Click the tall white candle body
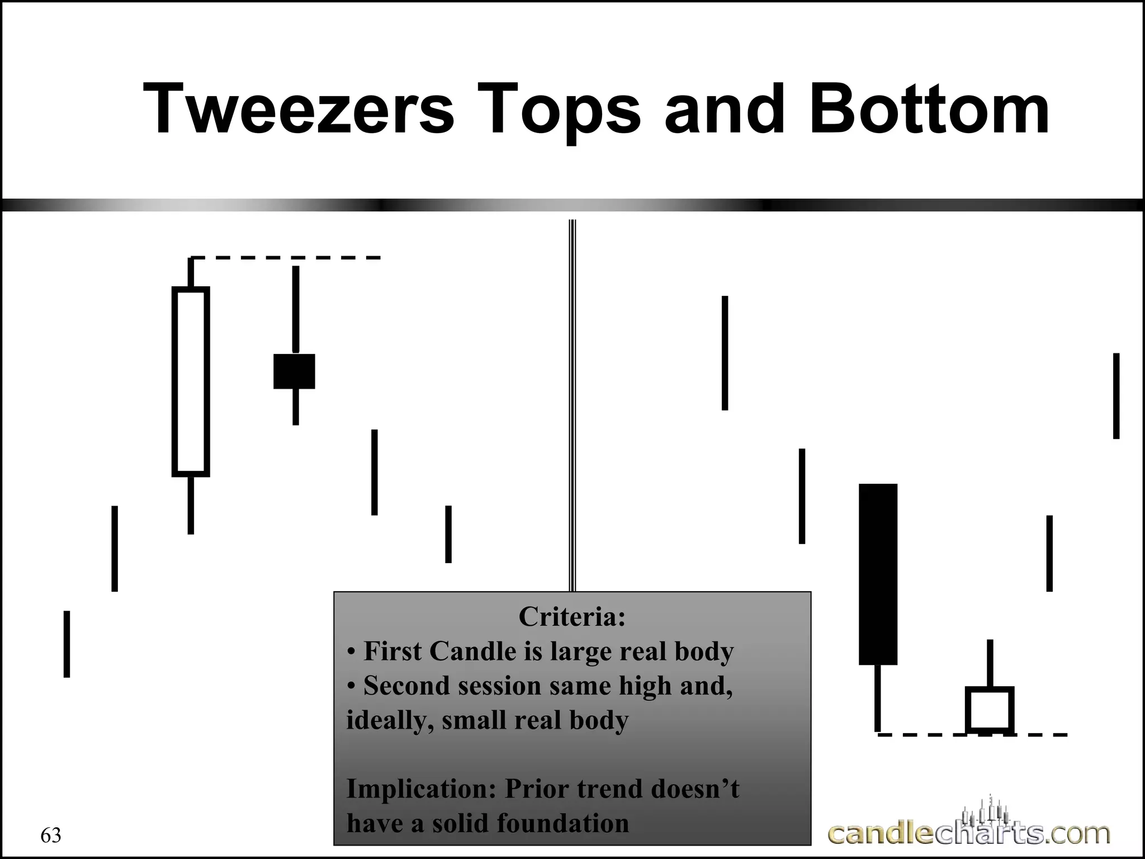(191, 382)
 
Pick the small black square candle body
(294, 371)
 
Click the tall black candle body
(878, 574)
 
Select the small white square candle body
(990, 709)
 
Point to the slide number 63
(51, 836)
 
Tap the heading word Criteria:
(571, 617)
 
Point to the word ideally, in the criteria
(390, 720)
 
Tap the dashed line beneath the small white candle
(973, 734)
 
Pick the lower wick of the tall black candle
(878, 698)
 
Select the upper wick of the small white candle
(990, 663)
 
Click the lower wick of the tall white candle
(191, 505)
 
